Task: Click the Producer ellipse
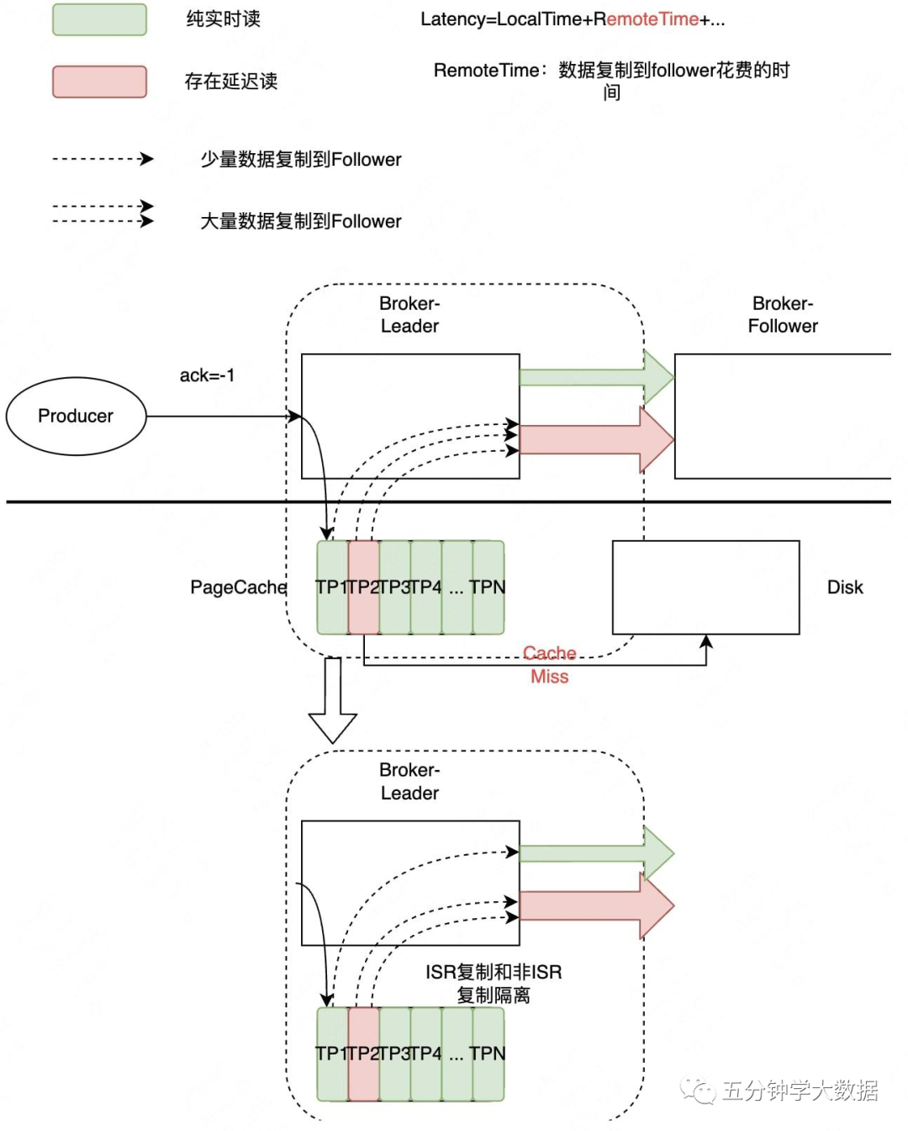coord(76,416)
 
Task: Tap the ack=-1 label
coord(207,375)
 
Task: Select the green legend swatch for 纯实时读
coord(99,19)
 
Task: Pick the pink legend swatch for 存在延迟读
coord(99,82)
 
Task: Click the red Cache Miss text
coord(550,665)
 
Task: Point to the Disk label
coord(845,587)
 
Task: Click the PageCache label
coord(238,587)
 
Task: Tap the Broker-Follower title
coord(783,315)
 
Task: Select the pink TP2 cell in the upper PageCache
coord(363,587)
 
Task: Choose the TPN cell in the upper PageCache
coord(488,587)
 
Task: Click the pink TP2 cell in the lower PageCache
coord(363,1054)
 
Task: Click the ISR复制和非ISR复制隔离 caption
coord(494,984)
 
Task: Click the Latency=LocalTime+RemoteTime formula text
coord(573,19)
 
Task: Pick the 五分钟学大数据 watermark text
coord(799,1091)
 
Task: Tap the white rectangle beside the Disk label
coord(705,587)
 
